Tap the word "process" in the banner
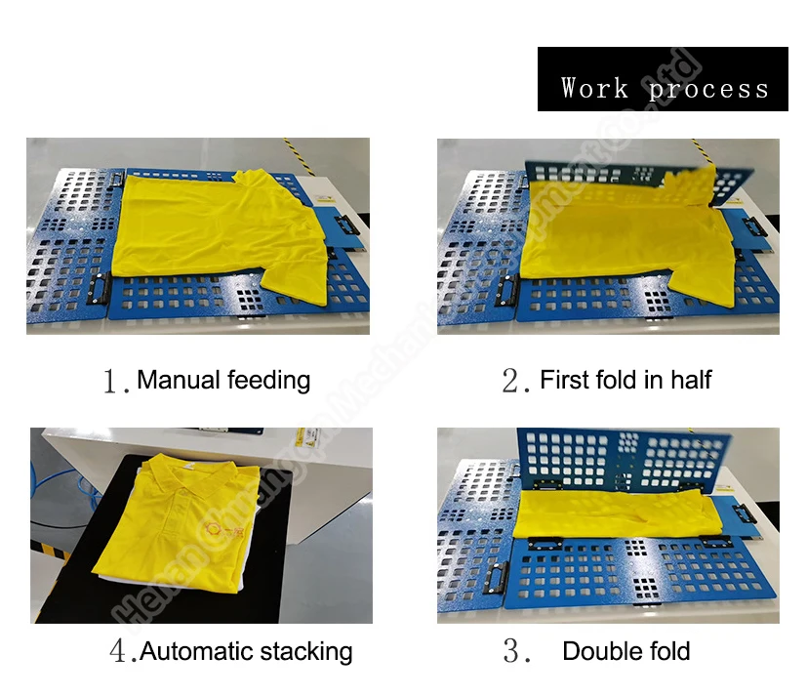(x=708, y=90)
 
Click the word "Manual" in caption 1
(x=178, y=380)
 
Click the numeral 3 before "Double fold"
(x=513, y=652)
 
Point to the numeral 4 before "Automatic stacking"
(x=117, y=652)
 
